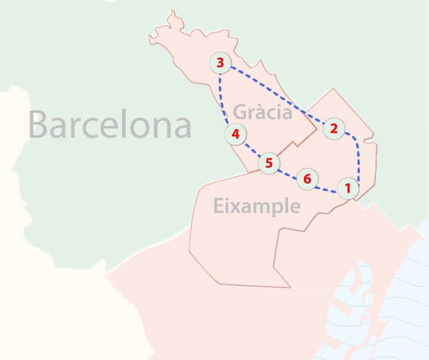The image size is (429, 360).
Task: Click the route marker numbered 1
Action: [347, 188]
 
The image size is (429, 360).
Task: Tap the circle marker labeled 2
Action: [333, 128]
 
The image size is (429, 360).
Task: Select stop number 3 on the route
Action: [220, 62]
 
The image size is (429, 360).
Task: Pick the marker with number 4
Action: [235, 133]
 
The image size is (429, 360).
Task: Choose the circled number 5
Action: [268, 163]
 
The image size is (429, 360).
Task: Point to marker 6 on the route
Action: [307, 179]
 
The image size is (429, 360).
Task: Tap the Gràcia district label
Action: [262, 112]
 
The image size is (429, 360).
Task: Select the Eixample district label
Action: [257, 206]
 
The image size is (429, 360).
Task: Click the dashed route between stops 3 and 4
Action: [222, 98]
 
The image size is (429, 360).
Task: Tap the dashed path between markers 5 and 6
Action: [288, 173]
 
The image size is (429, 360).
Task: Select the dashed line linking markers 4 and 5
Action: [251, 149]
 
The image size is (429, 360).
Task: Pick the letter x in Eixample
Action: [233, 206]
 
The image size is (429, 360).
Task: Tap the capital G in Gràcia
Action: [241, 112]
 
